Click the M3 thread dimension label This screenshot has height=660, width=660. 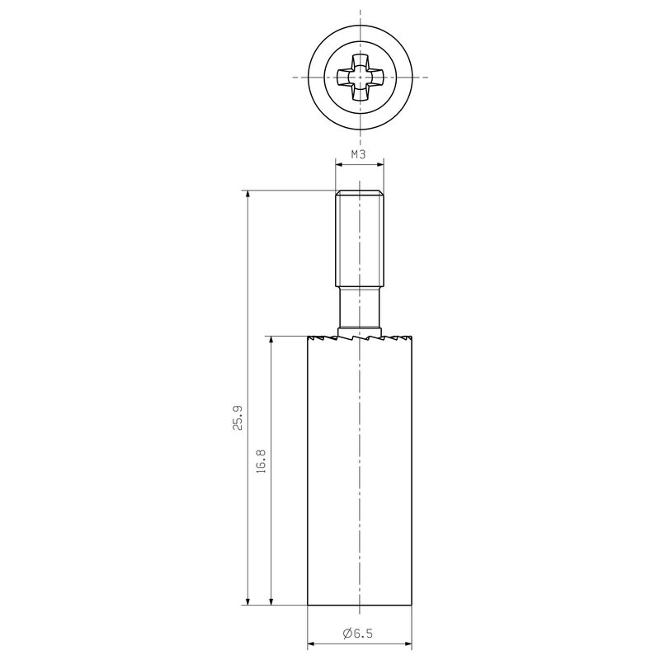pos(359,154)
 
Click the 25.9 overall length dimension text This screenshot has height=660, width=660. pos(238,417)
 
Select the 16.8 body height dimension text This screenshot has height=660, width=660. pos(262,461)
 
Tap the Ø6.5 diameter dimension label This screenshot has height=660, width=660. pos(358,633)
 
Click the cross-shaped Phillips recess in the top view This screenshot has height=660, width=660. pos(360,78)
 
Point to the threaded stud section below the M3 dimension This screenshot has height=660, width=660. pos(360,238)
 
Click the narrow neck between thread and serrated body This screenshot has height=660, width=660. pos(360,307)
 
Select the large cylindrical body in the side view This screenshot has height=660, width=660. pos(360,470)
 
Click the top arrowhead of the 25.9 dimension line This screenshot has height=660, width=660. pos(248,195)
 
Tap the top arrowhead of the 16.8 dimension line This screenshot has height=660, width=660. pos(271,341)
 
